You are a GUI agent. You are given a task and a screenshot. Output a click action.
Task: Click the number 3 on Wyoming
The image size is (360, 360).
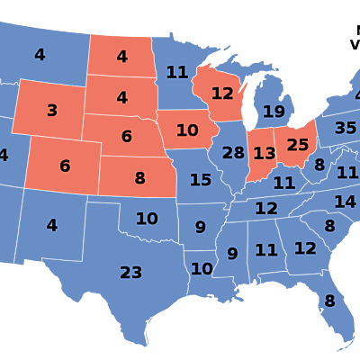click(52, 111)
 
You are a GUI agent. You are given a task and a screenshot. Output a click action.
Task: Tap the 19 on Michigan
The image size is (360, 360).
click(274, 112)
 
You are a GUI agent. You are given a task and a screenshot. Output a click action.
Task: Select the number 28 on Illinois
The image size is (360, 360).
click(233, 153)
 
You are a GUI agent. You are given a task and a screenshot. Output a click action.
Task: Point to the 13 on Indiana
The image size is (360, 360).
click(264, 154)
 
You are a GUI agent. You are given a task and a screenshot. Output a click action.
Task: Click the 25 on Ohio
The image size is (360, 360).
click(298, 144)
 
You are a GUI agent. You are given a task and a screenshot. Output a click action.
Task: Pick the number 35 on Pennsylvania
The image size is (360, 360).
click(346, 128)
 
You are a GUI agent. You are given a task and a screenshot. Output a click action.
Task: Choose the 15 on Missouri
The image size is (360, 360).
click(201, 180)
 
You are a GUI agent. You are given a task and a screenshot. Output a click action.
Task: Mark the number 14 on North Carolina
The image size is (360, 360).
click(345, 202)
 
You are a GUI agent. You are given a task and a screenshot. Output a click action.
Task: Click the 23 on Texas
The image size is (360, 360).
click(131, 272)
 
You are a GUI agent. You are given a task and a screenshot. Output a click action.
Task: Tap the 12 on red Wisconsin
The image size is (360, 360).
click(222, 94)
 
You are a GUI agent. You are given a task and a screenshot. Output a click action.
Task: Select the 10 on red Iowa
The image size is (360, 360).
click(187, 130)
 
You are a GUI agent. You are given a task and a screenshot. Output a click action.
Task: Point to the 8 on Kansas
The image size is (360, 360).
click(139, 178)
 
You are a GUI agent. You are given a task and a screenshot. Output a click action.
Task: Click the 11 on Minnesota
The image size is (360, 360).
click(176, 72)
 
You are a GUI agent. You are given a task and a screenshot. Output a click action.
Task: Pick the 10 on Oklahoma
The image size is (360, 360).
click(147, 218)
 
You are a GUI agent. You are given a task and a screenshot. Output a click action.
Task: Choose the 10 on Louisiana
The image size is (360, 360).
click(202, 268)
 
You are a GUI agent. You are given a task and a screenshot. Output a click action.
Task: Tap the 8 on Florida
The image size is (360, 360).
click(329, 301)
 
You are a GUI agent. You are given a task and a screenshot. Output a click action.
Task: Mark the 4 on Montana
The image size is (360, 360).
click(40, 55)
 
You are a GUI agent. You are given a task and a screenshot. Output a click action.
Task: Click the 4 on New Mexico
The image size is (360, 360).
click(52, 225)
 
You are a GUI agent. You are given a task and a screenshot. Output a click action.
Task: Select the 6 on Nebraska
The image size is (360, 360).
click(127, 137)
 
